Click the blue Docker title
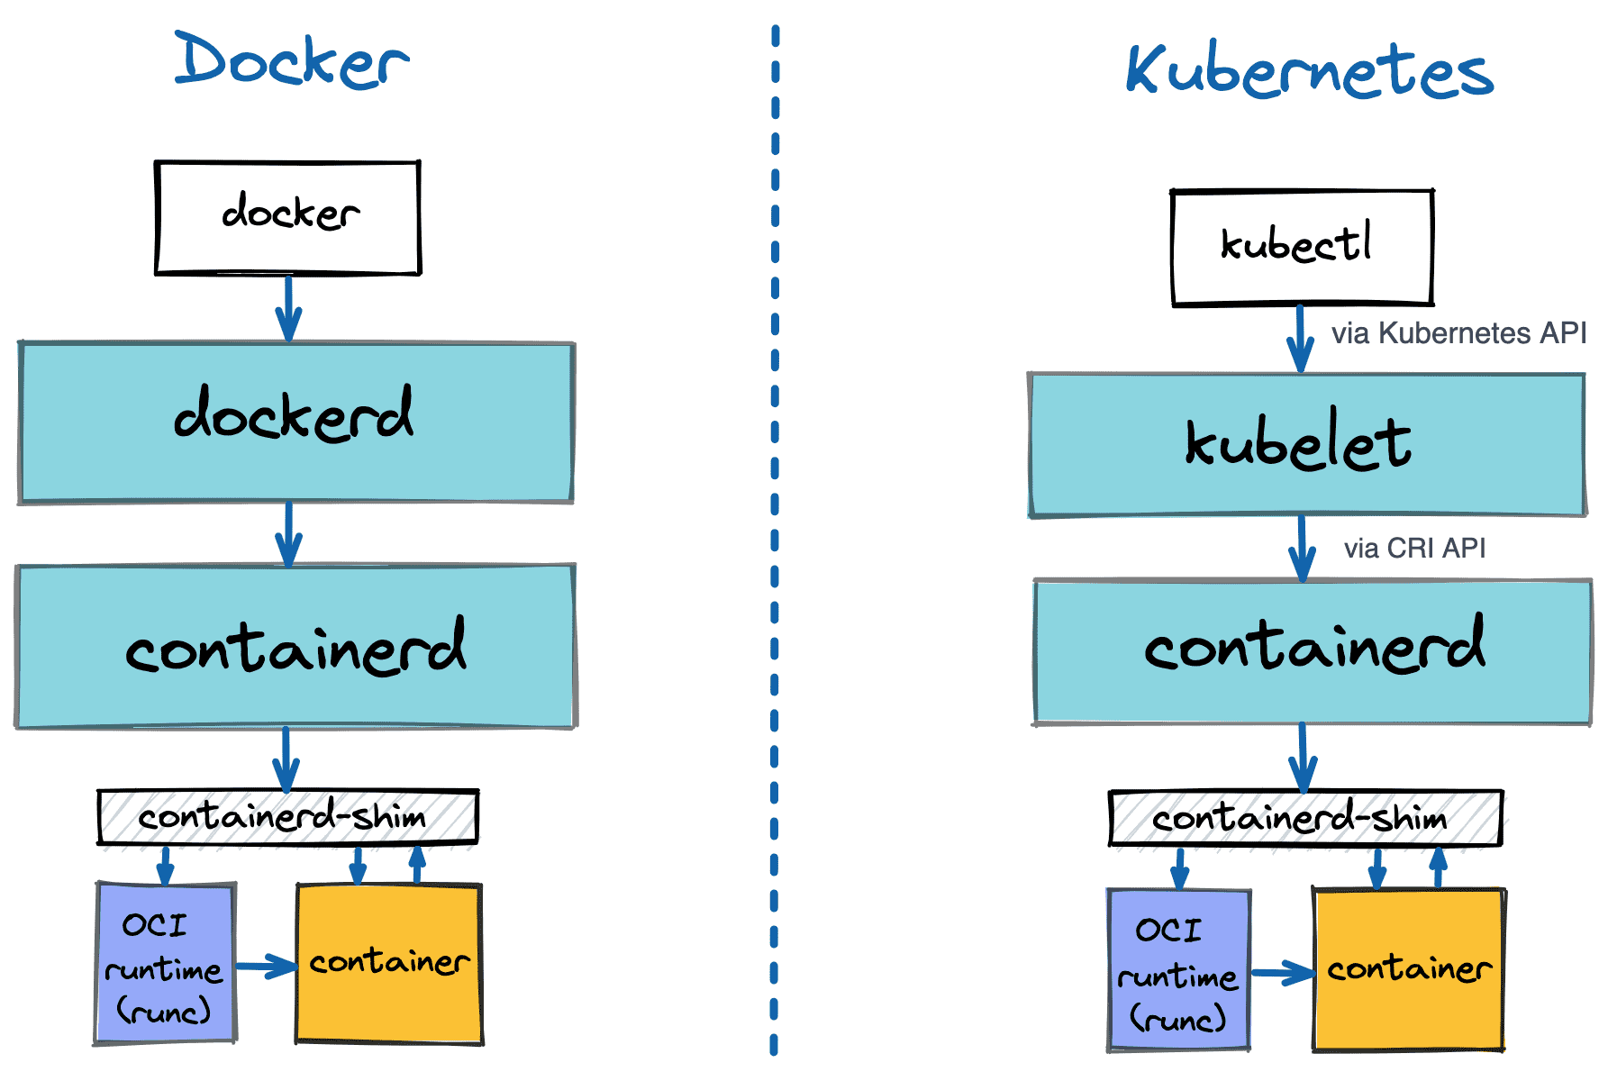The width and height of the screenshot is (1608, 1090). [x=292, y=61]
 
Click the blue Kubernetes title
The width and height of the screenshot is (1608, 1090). [x=1309, y=70]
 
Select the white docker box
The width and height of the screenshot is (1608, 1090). [x=288, y=217]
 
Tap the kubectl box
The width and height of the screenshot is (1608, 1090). [x=1302, y=247]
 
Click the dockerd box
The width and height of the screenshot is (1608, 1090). [x=295, y=422]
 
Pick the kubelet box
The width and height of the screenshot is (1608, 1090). [x=1306, y=444]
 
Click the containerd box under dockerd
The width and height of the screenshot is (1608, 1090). [x=295, y=646]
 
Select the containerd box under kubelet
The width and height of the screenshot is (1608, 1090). [x=1313, y=651]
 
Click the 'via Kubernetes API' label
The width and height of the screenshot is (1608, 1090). [x=1458, y=333]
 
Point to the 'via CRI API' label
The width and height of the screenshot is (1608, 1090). [x=1414, y=548]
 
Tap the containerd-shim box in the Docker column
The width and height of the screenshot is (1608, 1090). [x=287, y=817]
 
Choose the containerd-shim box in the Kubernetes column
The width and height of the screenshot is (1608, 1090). [x=1305, y=818]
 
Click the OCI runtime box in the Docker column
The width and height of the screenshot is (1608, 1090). [x=165, y=964]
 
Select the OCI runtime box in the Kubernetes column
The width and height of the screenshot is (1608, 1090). [x=1178, y=970]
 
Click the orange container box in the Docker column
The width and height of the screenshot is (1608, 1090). [x=389, y=964]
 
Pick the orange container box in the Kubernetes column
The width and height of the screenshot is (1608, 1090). [x=1408, y=969]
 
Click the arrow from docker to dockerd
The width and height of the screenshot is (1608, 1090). [x=288, y=308]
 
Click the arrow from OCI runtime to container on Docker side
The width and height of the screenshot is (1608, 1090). [x=266, y=967]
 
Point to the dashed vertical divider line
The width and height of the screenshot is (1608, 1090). [x=775, y=540]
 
